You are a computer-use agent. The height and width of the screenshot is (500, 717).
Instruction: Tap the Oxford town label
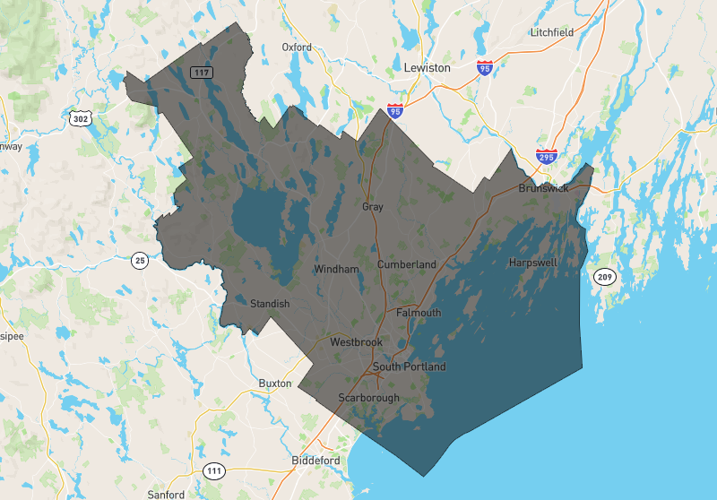(x=297, y=47)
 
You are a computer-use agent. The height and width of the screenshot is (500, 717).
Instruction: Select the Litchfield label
(x=551, y=32)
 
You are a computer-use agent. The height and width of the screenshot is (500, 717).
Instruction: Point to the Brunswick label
(x=543, y=189)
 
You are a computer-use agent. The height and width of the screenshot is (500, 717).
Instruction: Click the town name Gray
(x=372, y=207)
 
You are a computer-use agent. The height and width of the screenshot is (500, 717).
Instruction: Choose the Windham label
(x=336, y=269)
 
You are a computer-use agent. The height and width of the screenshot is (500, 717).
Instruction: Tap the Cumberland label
(x=406, y=264)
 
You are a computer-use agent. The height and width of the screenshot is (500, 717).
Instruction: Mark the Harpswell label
(x=532, y=263)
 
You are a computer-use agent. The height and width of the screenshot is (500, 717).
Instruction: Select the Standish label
(x=270, y=304)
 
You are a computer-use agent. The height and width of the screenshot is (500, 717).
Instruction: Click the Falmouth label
(x=419, y=313)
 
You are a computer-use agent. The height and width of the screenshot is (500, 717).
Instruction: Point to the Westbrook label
(x=356, y=342)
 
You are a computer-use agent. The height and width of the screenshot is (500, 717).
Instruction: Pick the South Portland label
(x=409, y=366)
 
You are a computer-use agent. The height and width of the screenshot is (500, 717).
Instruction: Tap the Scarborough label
(x=367, y=397)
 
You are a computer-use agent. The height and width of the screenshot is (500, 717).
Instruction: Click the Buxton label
(x=275, y=384)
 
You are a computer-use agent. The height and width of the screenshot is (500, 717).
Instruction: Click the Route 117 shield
(x=200, y=71)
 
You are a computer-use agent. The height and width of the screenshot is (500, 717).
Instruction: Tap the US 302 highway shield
(x=81, y=117)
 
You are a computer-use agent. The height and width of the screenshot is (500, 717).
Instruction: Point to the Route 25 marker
(x=139, y=261)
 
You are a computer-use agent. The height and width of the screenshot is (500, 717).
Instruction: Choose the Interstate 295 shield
(x=547, y=156)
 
